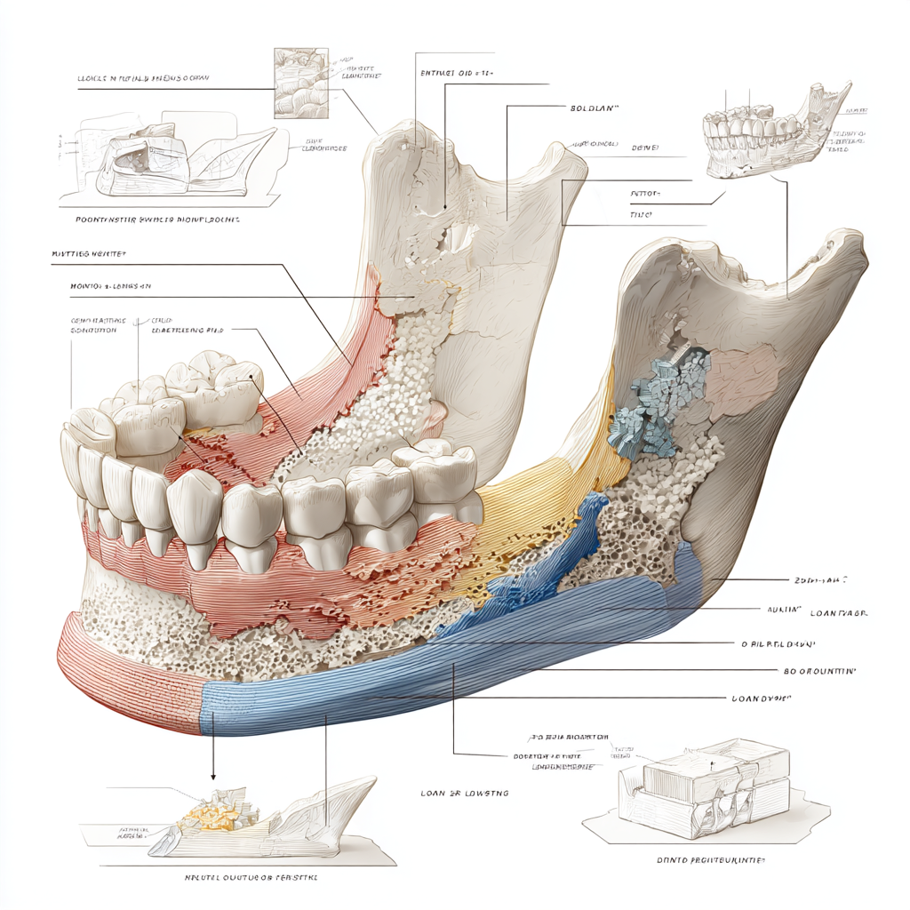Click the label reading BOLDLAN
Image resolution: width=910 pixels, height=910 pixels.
coord(594,107)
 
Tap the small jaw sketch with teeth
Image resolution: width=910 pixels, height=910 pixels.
coord(773,133)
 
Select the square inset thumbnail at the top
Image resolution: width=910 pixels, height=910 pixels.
coord(300,84)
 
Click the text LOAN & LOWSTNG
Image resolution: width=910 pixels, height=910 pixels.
coord(465,792)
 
